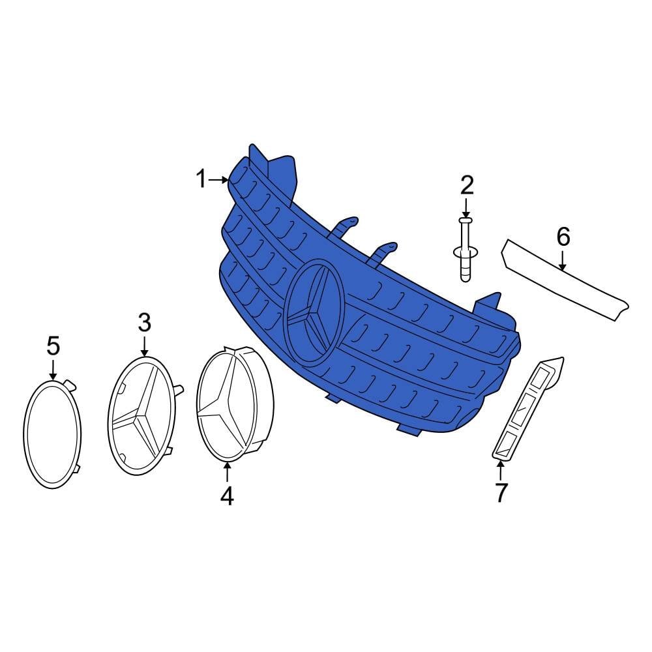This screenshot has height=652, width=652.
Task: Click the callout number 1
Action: [201, 180]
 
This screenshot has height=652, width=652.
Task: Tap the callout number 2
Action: [467, 186]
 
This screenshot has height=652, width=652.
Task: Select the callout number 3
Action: [145, 323]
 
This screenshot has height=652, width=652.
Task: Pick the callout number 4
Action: [227, 496]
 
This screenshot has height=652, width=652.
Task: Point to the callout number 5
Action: [53, 346]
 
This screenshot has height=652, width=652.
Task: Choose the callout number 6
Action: [563, 237]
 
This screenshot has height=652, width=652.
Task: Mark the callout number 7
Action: [501, 493]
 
